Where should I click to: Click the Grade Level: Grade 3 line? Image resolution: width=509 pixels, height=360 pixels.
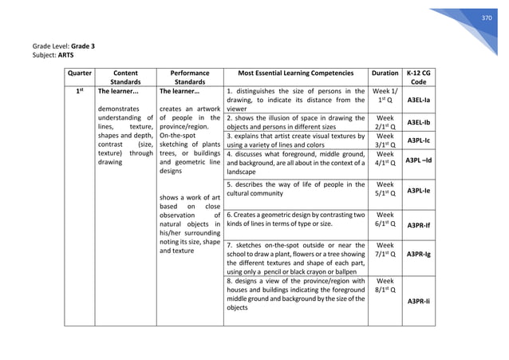tap(64, 46)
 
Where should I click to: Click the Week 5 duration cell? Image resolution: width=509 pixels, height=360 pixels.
tap(385, 188)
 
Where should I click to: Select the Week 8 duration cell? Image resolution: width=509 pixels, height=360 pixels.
tap(385, 287)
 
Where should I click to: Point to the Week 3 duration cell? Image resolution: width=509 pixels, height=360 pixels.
tap(385, 140)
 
